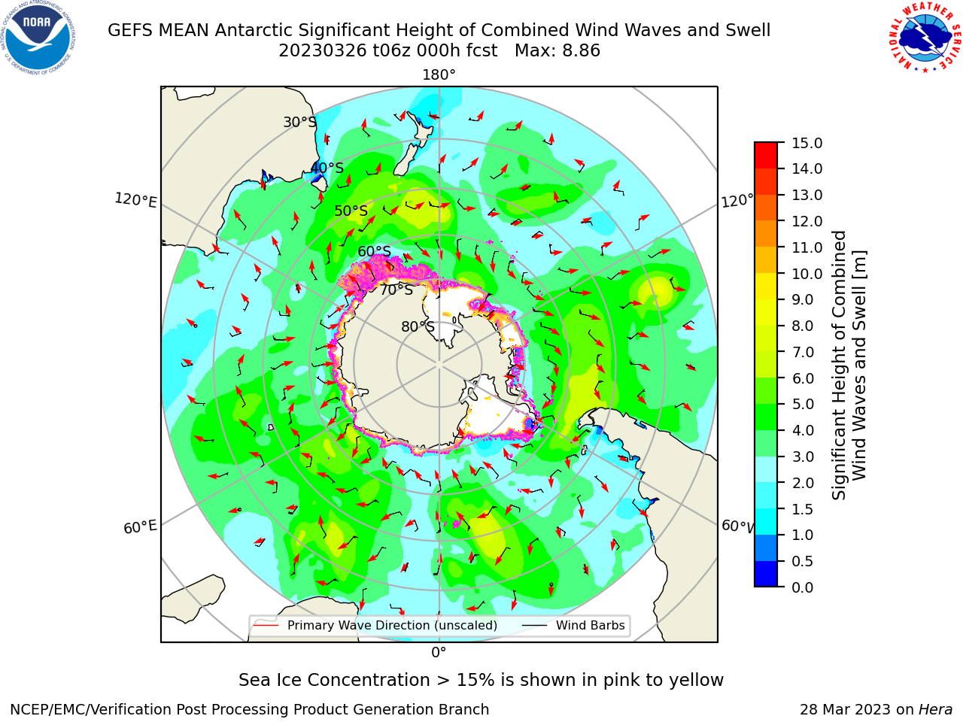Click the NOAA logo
pyautogui.click(x=38, y=38)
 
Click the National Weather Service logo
pyautogui.click(x=925, y=38)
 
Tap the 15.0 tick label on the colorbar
pyautogui.click(x=807, y=144)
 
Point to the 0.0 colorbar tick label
pyautogui.click(x=802, y=587)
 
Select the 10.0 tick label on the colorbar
pyautogui.click(x=807, y=274)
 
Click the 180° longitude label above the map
pyautogui.click(x=439, y=75)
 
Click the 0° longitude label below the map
pyautogui.click(x=439, y=653)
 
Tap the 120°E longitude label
pyautogui.click(x=135, y=200)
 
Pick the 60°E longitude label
pyautogui.click(x=140, y=527)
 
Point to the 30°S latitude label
pyautogui.click(x=299, y=122)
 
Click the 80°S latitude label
pyautogui.click(x=418, y=326)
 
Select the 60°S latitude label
pyautogui.click(x=374, y=251)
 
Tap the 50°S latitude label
pyautogui.click(x=351, y=211)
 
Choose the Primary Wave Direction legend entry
pyautogui.click(x=376, y=625)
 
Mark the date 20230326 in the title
pyautogui.click(x=323, y=51)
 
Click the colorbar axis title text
pyautogui.click(x=849, y=365)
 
